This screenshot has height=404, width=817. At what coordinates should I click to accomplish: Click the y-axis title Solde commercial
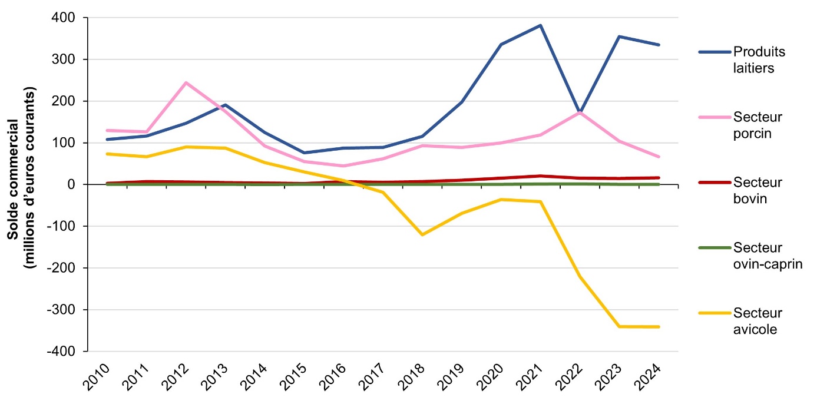[x=20, y=177]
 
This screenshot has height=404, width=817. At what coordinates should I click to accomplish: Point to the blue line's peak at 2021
[x=540, y=25]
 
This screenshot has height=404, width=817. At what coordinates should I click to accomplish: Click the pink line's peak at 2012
[x=186, y=82]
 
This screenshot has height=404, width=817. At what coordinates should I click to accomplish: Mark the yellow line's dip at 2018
[x=422, y=235]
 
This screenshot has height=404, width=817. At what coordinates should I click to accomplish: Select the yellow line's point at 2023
[x=619, y=326]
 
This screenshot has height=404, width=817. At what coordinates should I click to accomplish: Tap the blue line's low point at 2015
[x=304, y=153]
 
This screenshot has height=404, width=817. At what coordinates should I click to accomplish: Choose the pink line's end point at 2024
[x=659, y=157]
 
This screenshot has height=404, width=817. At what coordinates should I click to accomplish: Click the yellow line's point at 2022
[x=580, y=276]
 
